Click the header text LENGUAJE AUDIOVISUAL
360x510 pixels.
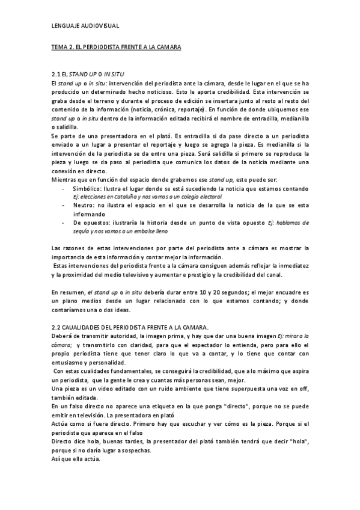pos(85,26)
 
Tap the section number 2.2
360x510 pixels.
pos(58,326)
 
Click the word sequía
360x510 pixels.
pos(84,231)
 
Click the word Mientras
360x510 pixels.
pos(66,180)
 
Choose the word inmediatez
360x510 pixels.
pos(291,266)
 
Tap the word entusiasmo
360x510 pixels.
pos(72,364)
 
